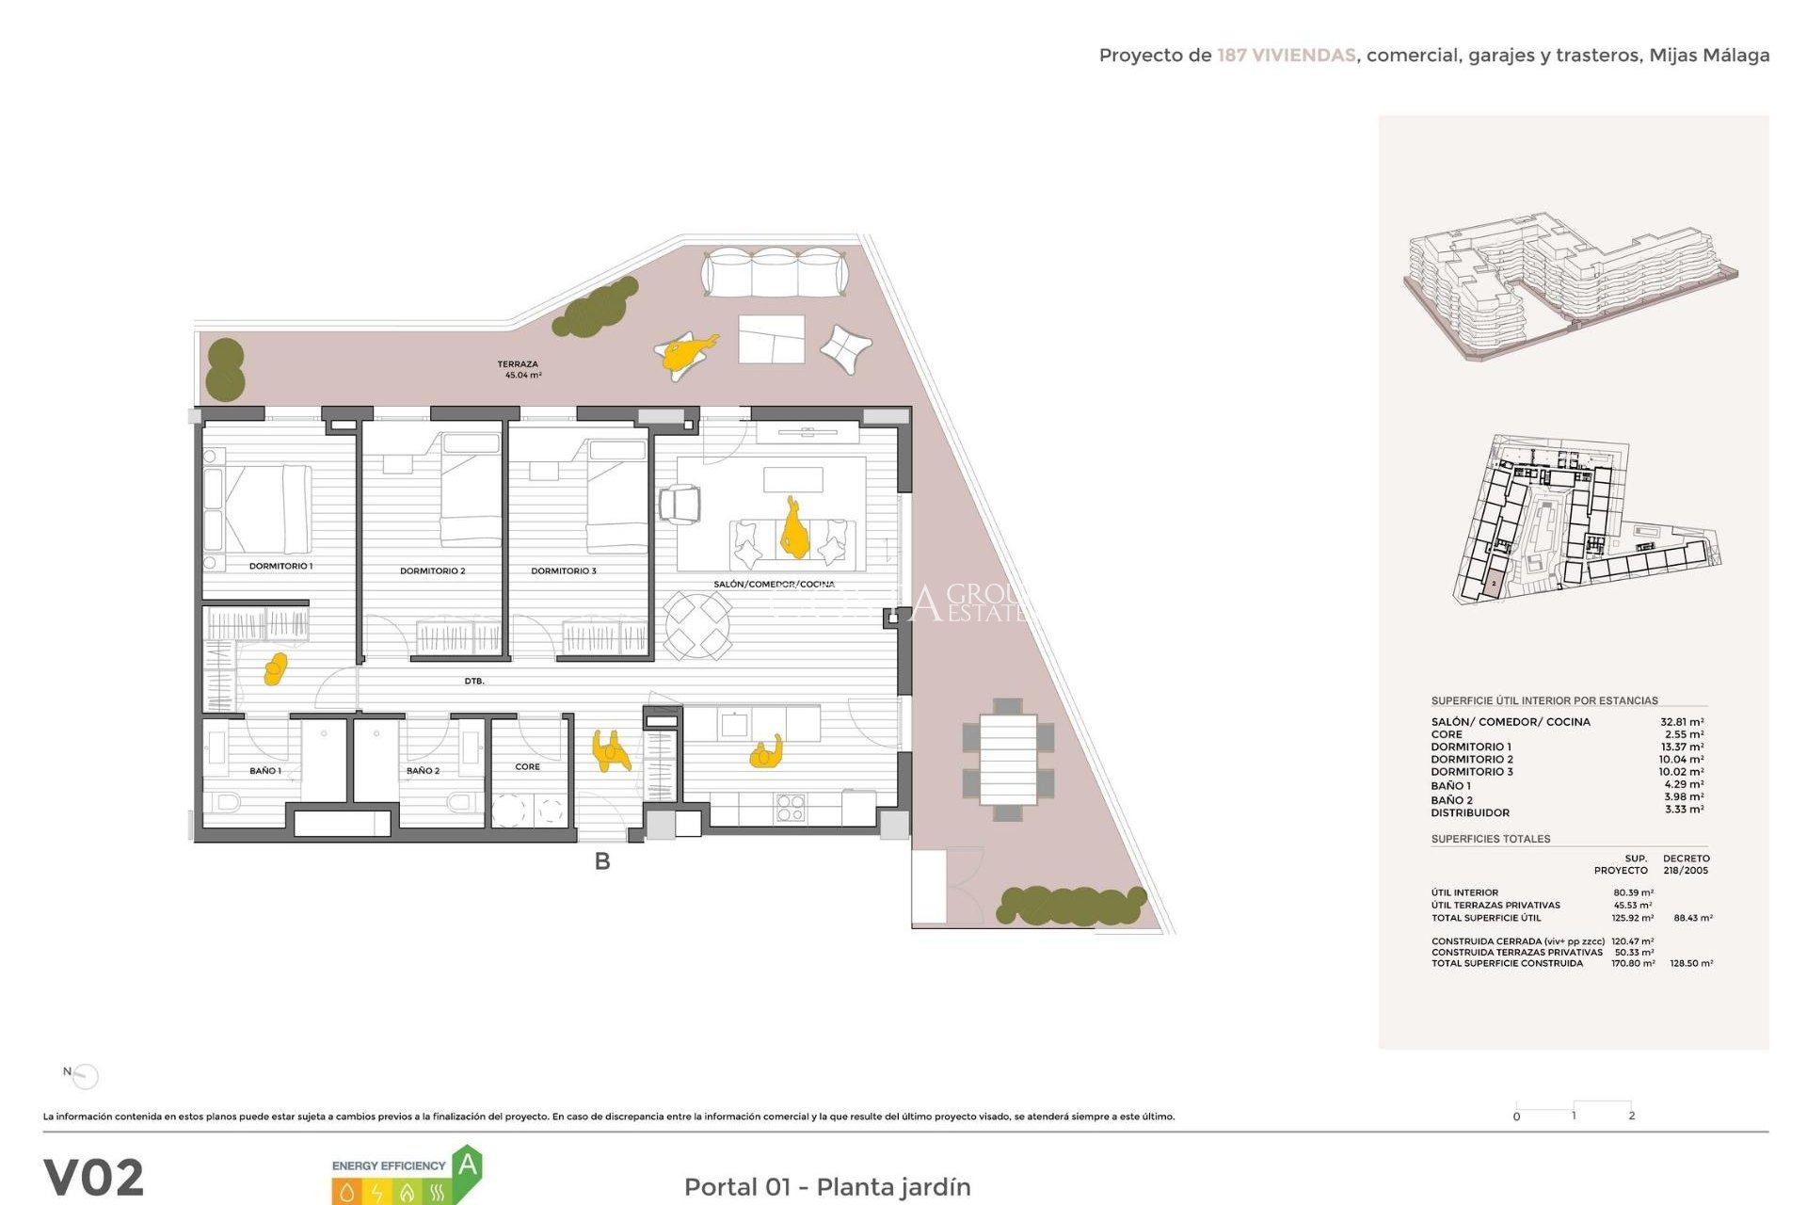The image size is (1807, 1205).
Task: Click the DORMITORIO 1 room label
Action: point(280,566)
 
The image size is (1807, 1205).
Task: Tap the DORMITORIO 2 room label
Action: point(432,570)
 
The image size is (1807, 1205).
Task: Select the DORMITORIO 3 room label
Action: point(563,570)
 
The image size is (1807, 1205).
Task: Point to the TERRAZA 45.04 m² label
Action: point(519,369)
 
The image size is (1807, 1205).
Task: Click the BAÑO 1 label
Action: point(265,770)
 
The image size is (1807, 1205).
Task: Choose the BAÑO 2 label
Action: point(423,770)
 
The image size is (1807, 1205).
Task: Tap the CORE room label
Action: point(527,766)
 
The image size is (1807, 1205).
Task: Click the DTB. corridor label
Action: point(474,681)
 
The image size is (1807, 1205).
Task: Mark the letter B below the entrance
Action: point(602,860)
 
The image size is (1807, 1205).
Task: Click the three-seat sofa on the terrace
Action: point(775,272)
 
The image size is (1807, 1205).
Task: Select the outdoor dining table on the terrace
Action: point(1008,759)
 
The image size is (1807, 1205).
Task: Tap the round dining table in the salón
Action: point(697,624)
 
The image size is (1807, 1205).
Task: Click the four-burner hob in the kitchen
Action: point(790,808)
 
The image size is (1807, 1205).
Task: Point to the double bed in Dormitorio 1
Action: point(268,508)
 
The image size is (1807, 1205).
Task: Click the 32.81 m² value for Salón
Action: point(1681,722)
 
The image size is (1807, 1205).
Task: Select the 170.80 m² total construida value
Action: point(1634,963)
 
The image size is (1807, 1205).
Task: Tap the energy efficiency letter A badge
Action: point(467,1167)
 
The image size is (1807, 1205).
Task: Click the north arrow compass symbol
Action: point(84,1075)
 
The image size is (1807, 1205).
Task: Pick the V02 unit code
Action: point(94,1178)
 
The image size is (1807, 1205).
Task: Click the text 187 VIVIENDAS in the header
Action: point(1286,56)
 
